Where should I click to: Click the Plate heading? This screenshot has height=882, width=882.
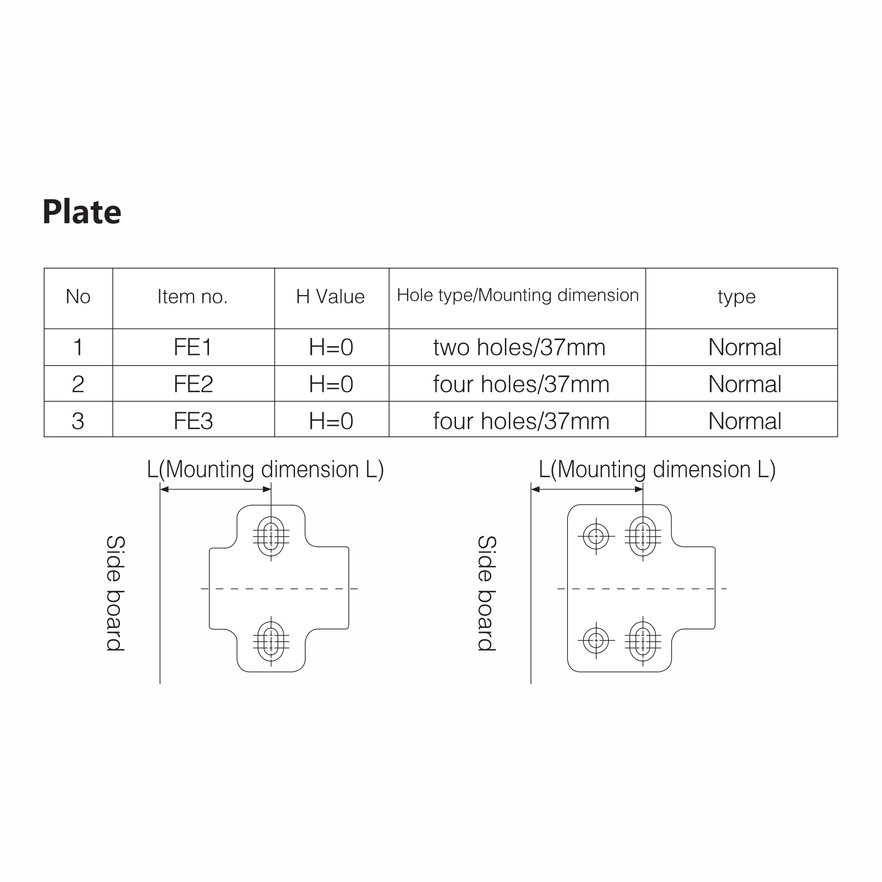[82, 212]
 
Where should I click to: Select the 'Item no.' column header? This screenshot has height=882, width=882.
[193, 297]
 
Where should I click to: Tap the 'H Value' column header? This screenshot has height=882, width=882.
[330, 297]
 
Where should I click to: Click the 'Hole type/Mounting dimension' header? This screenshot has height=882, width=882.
[518, 295]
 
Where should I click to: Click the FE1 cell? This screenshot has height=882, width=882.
[193, 348]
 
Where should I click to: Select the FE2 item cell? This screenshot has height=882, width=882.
[193, 385]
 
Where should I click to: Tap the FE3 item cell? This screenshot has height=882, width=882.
[193, 421]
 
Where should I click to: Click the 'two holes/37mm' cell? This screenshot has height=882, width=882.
[519, 348]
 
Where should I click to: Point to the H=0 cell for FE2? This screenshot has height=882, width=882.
[332, 385]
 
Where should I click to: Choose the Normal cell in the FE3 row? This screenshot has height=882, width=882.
[745, 421]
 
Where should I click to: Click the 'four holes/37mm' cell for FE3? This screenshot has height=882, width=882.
[521, 421]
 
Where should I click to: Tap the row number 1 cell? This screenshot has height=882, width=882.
[78, 348]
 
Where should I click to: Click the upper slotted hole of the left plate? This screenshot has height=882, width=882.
[271, 536]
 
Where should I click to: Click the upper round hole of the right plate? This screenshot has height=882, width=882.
[596, 536]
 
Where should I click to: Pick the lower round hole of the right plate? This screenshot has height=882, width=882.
[596, 641]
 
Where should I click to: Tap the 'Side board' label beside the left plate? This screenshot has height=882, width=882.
[116, 594]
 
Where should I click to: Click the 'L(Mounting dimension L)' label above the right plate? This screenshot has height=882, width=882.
[658, 470]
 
